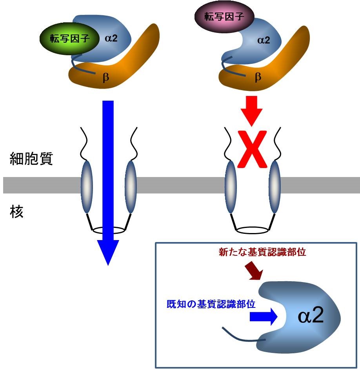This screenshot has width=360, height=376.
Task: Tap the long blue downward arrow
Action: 107,176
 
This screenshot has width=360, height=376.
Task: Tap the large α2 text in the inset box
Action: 311,316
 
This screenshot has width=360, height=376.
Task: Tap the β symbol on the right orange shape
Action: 258,77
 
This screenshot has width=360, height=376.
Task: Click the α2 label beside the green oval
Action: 111,38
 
